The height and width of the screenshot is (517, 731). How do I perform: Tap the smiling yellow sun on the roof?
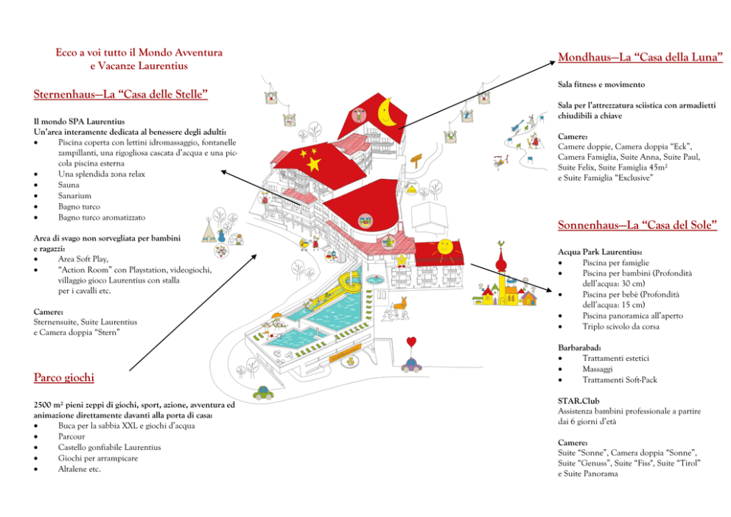[445, 246]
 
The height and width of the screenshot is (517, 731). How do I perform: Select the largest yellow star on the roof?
[313, 164]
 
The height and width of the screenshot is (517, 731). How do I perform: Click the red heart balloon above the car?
[411, 342]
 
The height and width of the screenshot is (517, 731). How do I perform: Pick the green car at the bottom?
[263, 393]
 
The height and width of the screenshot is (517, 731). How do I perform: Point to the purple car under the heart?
[411, 365]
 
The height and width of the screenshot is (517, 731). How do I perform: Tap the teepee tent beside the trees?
[209, 233]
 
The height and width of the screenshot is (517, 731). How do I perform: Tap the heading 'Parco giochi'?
[64, 377]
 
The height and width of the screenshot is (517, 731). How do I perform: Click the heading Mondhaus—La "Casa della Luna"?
[640, 57]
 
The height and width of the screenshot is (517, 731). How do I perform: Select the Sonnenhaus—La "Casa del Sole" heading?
[637, 225]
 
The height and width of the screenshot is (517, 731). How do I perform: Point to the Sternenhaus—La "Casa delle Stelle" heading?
[120, 94]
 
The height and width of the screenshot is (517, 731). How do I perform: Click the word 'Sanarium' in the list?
[74, 196]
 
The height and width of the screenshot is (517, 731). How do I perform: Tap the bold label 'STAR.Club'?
[578, 401]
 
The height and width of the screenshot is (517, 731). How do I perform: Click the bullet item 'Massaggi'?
[598, 370]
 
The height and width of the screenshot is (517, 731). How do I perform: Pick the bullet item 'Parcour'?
[71, 437]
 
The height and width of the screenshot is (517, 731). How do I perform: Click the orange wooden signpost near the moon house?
[416, 161]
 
